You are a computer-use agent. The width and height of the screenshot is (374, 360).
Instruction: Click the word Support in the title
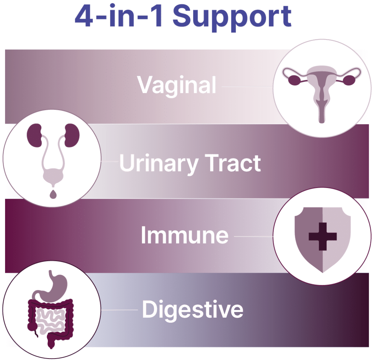click(232, 18)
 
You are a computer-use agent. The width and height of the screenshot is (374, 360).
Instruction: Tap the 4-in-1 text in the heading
click(119, 15)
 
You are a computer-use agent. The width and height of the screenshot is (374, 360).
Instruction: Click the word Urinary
click(159, 164)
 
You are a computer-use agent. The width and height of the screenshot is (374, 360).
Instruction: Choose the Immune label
click(184, 235)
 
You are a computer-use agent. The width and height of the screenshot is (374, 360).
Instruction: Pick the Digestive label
click(192, 310)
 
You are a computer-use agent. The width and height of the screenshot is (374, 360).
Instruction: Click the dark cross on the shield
click(323, 237)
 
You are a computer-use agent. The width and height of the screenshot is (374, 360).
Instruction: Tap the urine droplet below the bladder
click(53, 194)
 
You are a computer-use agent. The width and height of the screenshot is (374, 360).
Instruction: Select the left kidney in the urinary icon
click(34, 135)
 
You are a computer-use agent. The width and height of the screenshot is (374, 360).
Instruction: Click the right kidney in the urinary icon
click(72, 135)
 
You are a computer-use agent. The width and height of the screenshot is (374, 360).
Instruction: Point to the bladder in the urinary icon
click(53, 177)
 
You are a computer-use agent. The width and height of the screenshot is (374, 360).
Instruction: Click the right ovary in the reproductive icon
click(350, 80)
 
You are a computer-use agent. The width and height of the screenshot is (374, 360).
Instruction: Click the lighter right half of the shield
click(336, 238)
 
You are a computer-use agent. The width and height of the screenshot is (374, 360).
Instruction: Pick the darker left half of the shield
click(308, 238)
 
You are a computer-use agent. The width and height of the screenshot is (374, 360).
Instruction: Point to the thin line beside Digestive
click(119, 310)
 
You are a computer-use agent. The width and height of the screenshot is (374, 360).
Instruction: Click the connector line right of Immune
click(253, 237)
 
